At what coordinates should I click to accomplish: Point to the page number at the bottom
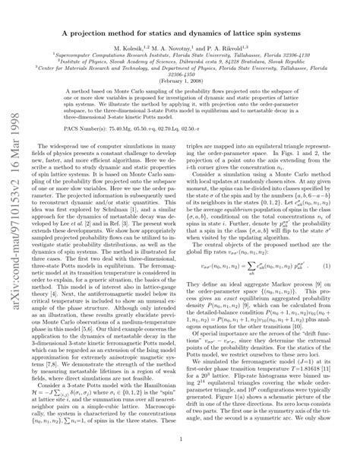179,438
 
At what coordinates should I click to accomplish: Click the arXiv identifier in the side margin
17,251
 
